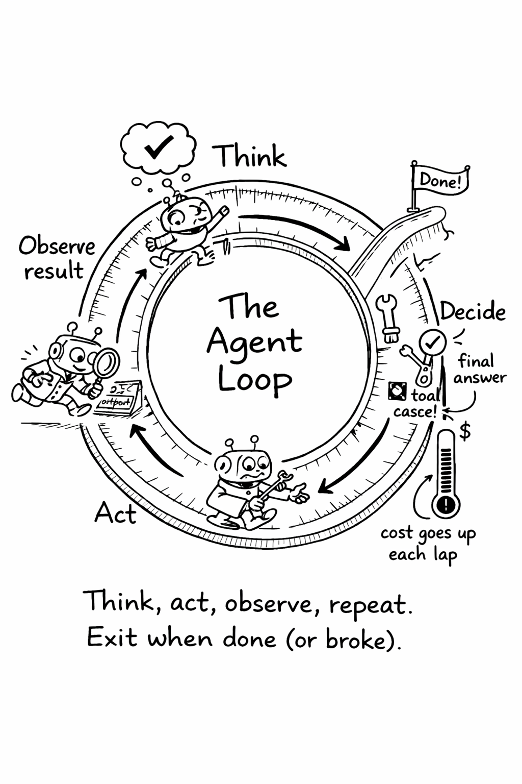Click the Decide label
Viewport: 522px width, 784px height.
pos(473,311)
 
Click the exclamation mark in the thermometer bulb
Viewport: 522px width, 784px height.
pos(446,505)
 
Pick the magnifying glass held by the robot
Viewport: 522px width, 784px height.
pos(106,364)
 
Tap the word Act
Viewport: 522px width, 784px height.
pos(115,513)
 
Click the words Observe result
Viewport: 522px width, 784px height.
pos(56,258)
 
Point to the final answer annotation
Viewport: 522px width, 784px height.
pos(479,369)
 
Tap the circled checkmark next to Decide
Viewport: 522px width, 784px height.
pos(433,342)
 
